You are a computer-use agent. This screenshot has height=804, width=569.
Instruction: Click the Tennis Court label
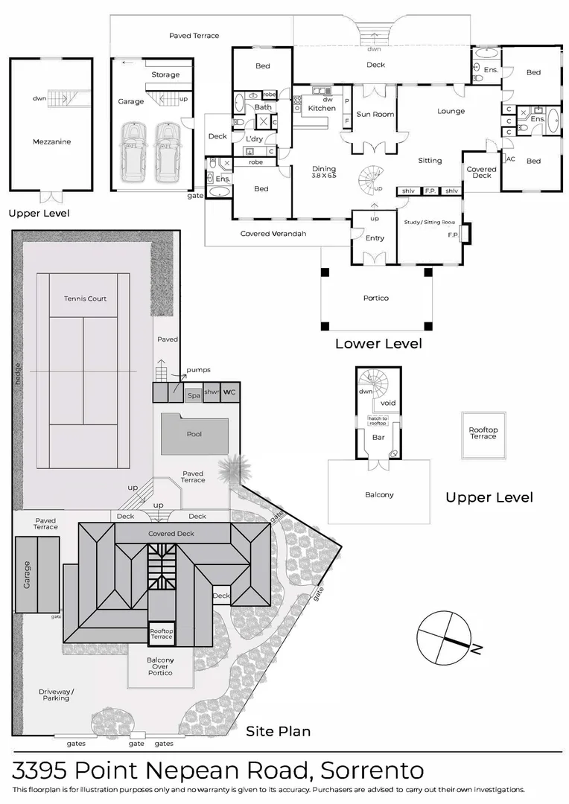pyautogui.click(x=85, y=299)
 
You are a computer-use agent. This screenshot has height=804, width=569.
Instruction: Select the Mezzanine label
pyautogui.click(x=51, y=141)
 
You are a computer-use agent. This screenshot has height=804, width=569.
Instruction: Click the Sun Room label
pyautogui.click(x=375, y=114)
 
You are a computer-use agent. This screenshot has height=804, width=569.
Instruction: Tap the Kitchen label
pyautogui.click(x=322, y=109)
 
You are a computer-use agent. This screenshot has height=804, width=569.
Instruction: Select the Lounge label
pyautogui.click(x=451, y=112)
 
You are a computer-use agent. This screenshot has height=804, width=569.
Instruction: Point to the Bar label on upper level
pyautogui.click(x=378, y=437)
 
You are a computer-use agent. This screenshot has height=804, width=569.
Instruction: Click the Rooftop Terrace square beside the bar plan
pyautogui.click(x=483, y=433)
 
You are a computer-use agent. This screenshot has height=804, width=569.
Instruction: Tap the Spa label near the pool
pyautogui.click(x=193, y=395)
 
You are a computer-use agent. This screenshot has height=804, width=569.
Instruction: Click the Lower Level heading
pyautogui.click(x=378, y=344)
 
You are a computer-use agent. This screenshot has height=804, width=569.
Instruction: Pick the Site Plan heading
pyautogui.click(x=278, y=731)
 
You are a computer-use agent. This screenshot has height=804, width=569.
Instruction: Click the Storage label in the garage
pyautogui.click(x=165, y=74)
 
